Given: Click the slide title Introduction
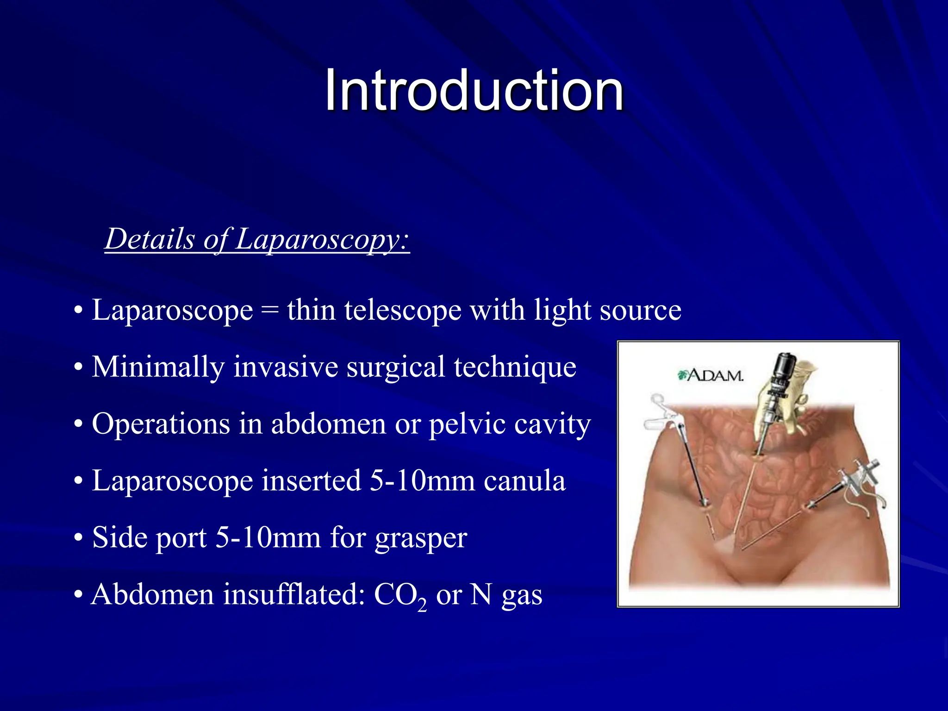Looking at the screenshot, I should (x=474, y=90).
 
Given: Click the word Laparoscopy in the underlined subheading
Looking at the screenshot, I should (x=322, y=240).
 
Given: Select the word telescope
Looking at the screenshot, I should (x=402, y=310).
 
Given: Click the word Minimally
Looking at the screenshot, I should (x=158, y=367).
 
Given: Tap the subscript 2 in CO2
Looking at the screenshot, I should (x=422, y=604).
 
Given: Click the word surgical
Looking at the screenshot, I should (x=396, y=367).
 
